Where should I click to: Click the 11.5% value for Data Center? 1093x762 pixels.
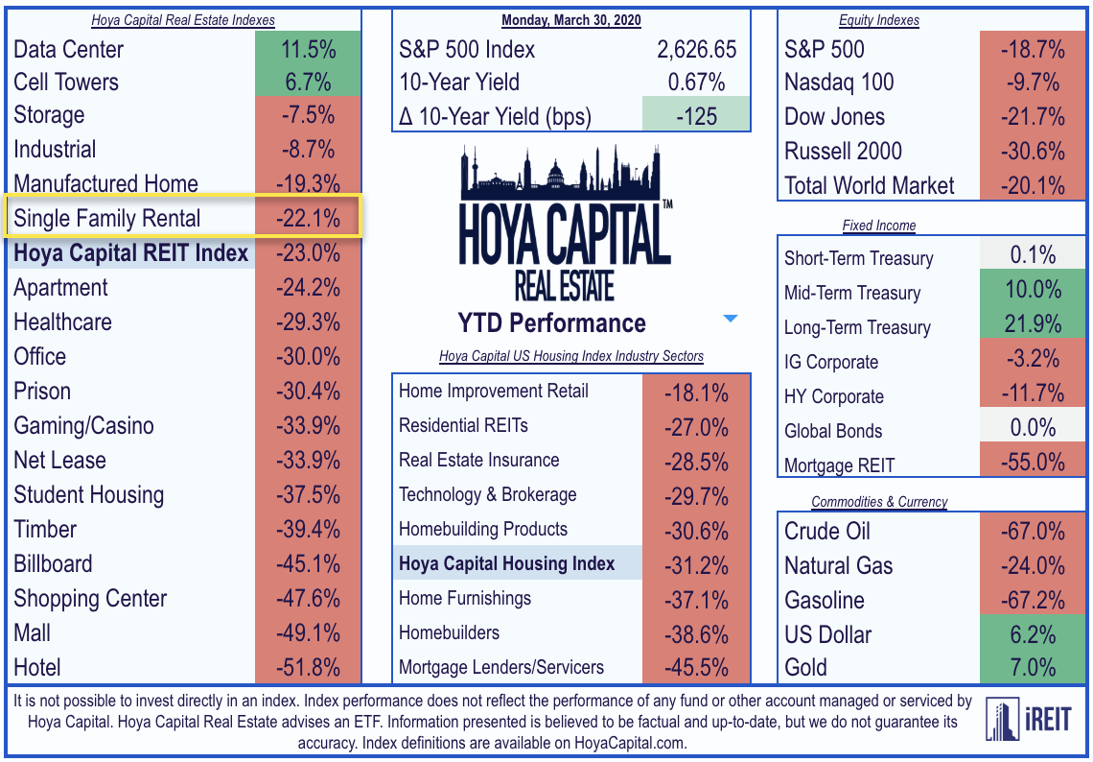pos(308,49)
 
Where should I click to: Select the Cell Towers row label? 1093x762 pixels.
pos(66,83)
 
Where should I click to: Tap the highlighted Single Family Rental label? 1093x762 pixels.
pos(107,219)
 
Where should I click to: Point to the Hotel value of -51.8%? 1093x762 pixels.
pos(308,667)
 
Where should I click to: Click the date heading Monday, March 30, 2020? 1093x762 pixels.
pos(571,20)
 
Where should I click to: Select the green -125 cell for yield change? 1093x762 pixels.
pos(695,116)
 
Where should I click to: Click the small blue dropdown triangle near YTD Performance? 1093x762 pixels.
pos(731,319)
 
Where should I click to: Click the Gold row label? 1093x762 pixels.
pos(805,668)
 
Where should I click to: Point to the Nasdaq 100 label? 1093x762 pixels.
pos(839,83)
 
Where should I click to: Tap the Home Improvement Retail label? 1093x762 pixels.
pos(494,392)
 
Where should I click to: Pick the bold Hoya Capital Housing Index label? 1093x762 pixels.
pos(507,564)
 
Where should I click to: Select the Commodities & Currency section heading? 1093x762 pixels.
pos(879,502)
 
